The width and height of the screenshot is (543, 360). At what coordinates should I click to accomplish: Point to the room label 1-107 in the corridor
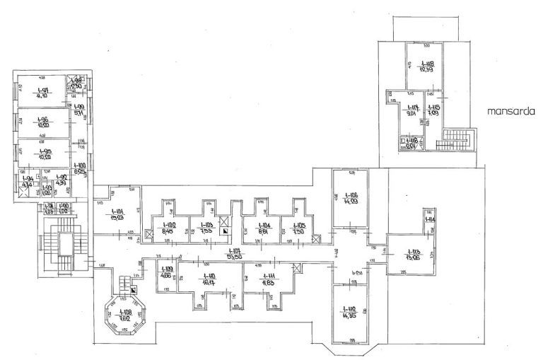click(234, 251)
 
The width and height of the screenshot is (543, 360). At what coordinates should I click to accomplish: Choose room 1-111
click(269, 278)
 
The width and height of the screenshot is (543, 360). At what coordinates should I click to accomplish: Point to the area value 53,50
click(234, 255)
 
